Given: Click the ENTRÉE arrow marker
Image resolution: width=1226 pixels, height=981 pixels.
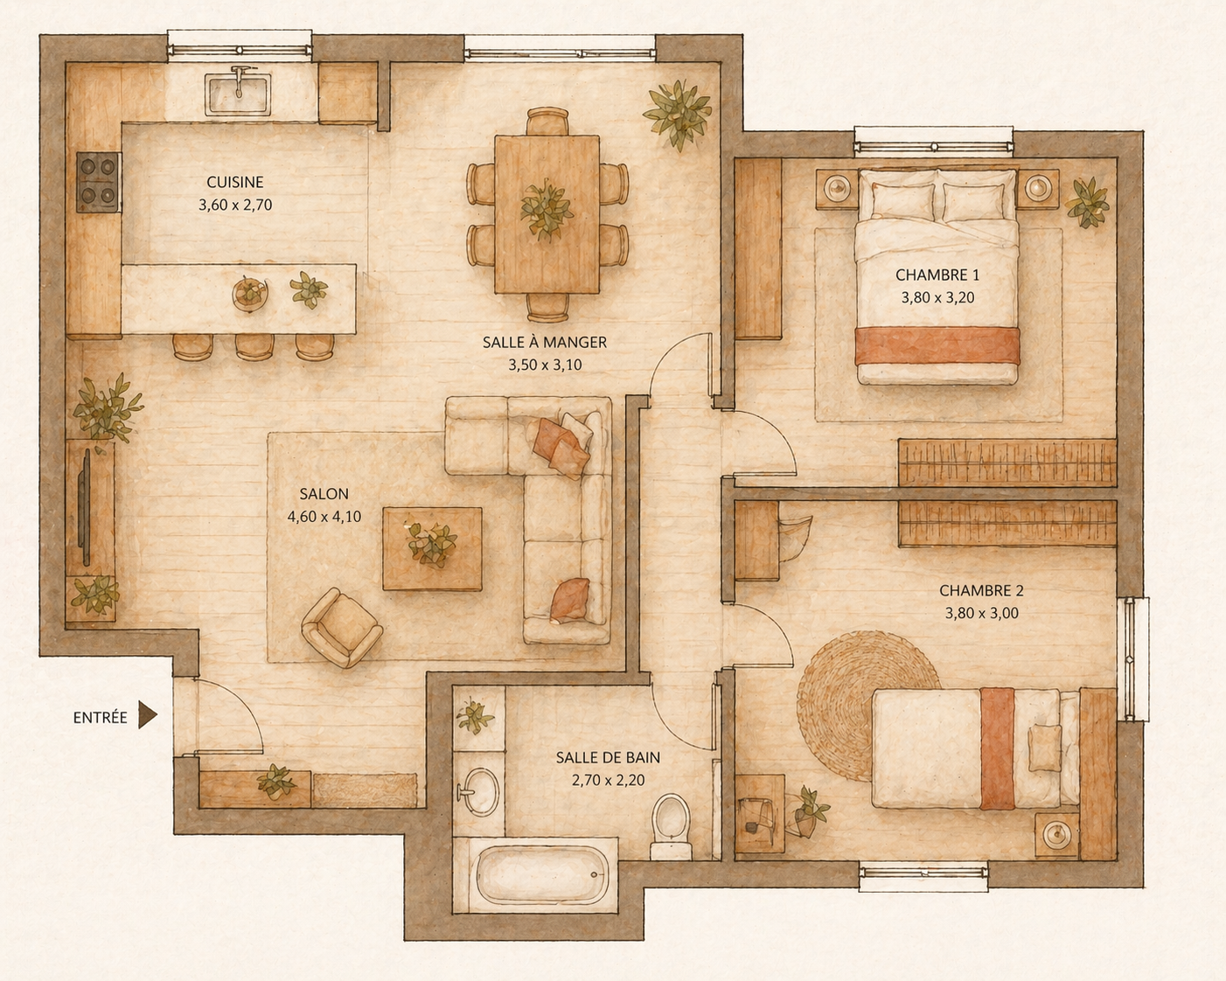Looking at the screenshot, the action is [147, 717].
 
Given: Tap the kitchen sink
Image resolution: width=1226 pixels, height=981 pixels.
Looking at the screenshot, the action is [239, 94].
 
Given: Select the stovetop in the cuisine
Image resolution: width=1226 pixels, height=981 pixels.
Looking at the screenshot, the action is [99, 183].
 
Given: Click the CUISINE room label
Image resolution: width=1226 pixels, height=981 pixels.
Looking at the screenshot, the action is [234, 183].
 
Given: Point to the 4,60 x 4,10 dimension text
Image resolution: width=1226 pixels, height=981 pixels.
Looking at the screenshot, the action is [324, 517].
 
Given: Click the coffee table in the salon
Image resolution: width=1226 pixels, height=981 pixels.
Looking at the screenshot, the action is [432, 548].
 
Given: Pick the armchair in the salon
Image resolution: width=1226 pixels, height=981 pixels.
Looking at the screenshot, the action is [342, 628].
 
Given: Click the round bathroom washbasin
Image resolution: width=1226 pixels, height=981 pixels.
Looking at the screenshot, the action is [479, 792].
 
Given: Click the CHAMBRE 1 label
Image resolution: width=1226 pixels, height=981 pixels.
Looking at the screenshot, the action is [937, 275].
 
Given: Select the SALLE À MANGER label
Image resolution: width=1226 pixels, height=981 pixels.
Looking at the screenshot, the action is [545, 343].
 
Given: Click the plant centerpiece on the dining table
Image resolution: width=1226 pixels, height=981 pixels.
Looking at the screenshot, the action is [546, 208].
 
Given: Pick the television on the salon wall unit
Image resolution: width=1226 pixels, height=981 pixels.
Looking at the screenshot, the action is [86, 507].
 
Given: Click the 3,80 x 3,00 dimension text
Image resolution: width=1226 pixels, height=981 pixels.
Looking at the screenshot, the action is [982, 613].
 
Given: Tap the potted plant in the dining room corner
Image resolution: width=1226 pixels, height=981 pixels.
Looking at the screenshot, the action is [678, 114].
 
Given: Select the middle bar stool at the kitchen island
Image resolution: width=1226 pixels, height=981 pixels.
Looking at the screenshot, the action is [254, 346].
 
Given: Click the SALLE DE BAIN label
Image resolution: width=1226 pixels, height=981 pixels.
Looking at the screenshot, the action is [608, 758].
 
